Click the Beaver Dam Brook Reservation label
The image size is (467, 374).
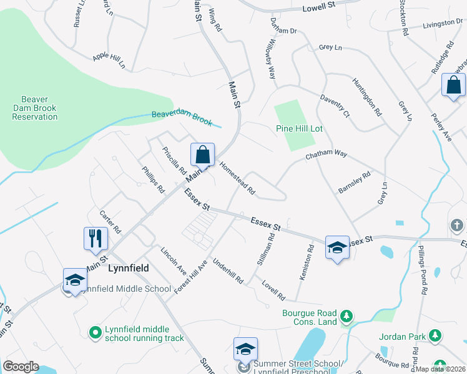(x=39, y=108)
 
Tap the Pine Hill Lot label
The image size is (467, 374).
(x=299, y=128)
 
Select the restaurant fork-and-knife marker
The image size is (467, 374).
(x=96, y=239)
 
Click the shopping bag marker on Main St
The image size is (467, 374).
(x=203, y=155)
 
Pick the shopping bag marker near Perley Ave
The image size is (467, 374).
(x=453, y=86)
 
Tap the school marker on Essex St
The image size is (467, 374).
(x=337, y=248)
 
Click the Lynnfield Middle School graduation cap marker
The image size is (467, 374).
(x=75, y=280)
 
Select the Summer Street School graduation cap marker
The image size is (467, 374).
(x=246, y=350)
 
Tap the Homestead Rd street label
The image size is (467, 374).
(x=237, y=178)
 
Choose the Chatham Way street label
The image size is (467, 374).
(x=325, y=153)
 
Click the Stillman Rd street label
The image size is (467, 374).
(x=267, y=249)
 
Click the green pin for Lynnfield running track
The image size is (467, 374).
(x=95, y=333)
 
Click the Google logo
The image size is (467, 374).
(x=21, y=367)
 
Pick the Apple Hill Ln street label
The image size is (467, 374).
(x=109, y=60)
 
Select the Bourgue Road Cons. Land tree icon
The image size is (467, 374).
(x=347, y=318)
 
